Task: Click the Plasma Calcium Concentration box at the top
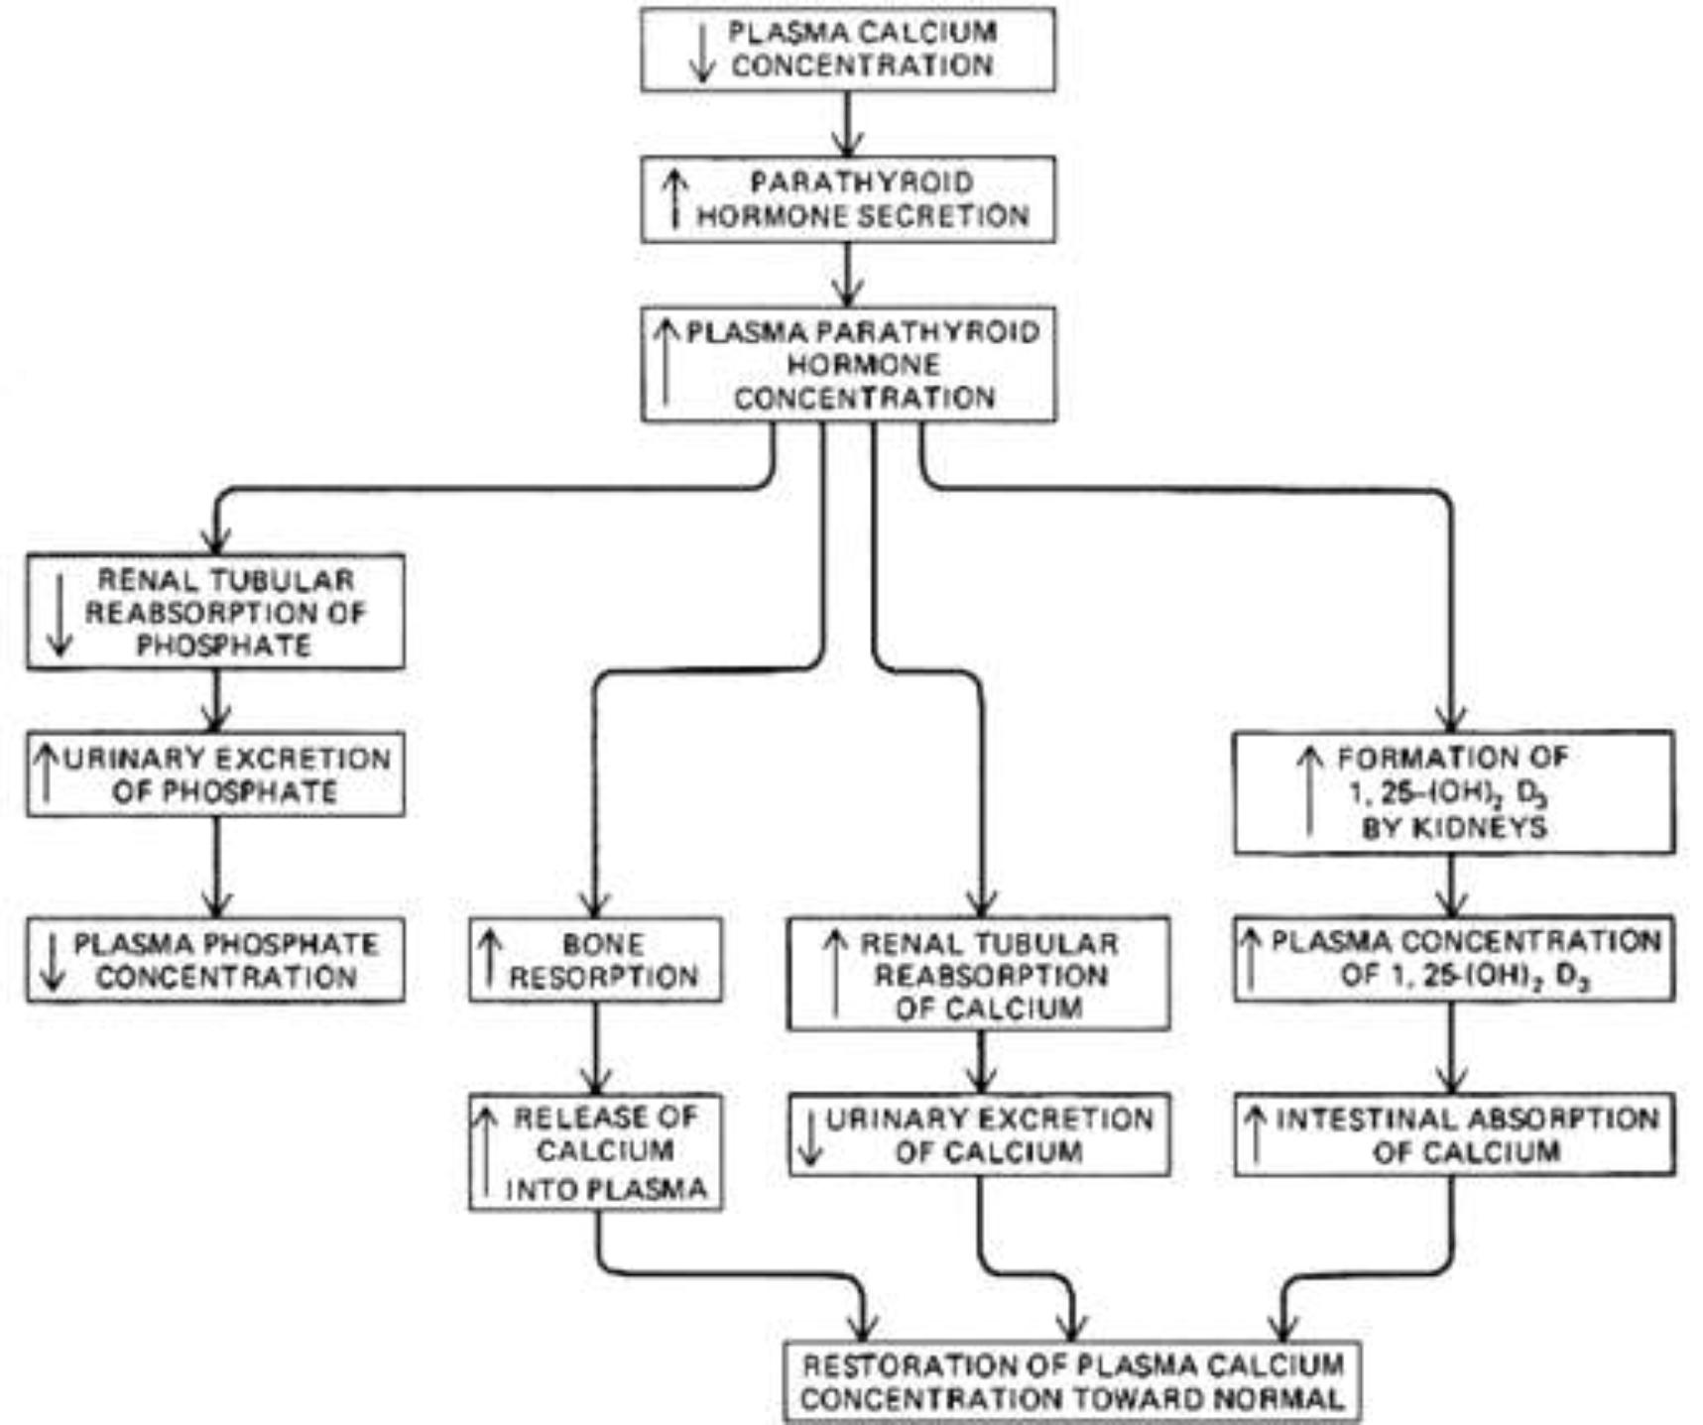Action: [848, 50]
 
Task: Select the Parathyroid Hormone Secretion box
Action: [848, 199]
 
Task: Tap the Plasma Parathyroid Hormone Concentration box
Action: [848, 364]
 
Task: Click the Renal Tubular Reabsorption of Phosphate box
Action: [215, 612]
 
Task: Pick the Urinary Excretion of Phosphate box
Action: [215, 774]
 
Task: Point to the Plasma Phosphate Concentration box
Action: [215, 960]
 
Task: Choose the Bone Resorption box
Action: [595, 960]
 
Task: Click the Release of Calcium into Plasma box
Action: [595, 1152]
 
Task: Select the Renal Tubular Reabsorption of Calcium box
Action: [978, 974]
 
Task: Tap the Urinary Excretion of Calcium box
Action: [979, 1135]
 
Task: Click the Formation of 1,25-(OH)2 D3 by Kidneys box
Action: [1454, 792]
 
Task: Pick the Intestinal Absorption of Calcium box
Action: [1454, 1135]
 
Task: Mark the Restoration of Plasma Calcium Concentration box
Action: [1071, 1382]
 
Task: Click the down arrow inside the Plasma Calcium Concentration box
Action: [702, 52]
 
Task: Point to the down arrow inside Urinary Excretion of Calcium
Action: [811, 1137]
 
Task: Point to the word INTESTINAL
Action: [1361, 1120]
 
